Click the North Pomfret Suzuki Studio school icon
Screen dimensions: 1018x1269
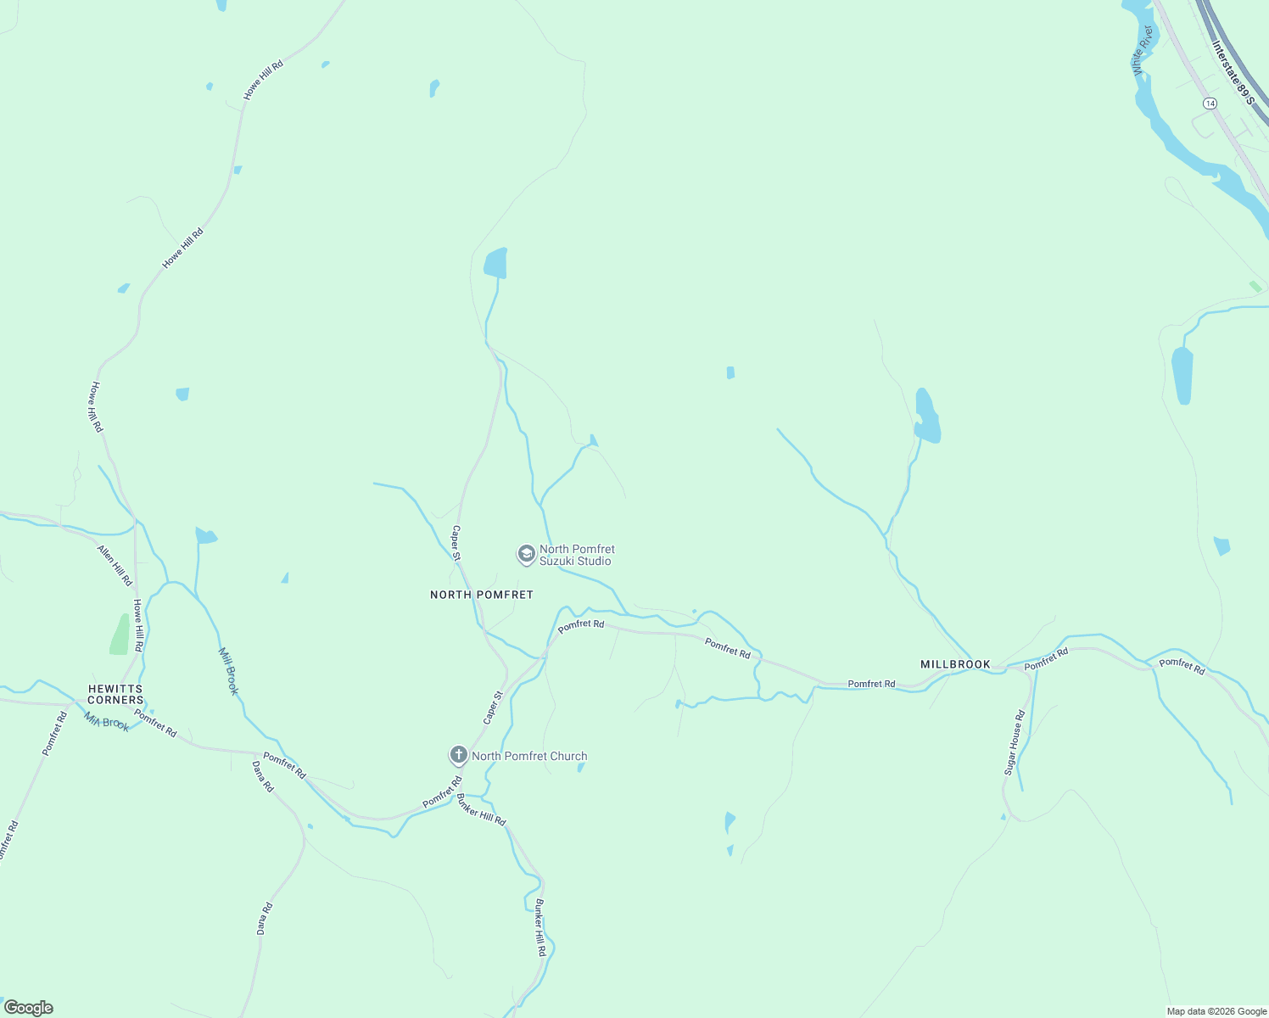(526, 555)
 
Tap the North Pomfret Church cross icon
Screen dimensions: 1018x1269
(458, 755)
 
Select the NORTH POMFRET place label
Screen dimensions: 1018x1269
(481, 595)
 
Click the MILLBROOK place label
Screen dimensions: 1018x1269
(955, 664)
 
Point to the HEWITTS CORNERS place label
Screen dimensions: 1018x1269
(115, 695)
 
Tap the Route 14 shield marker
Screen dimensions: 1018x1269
(1210, 103)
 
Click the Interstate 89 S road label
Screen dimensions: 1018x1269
(1233, 72)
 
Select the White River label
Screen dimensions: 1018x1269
(1143, 50)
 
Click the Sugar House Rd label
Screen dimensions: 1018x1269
(1015, 742)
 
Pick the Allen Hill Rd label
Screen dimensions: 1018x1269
(115, 566)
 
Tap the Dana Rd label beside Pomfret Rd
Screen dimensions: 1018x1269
(263, 776)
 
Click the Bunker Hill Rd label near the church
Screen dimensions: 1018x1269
(481, 809)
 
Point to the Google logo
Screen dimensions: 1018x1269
(29, 1008)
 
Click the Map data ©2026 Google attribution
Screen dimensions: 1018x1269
(1216, 1011)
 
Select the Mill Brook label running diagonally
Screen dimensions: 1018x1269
(229, 671)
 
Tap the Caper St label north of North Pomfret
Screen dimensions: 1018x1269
(456, 543)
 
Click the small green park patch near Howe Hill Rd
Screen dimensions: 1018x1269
(120, 635)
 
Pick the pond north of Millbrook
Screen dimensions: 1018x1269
(926, 417)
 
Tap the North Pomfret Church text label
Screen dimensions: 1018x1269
(529, 756)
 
